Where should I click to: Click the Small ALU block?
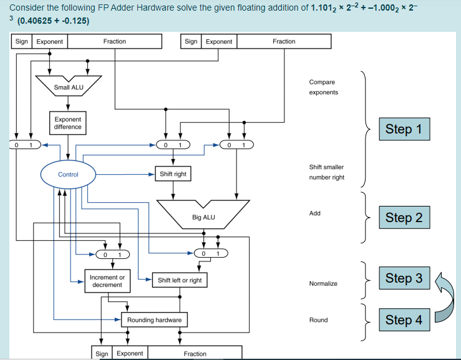coord(69,87)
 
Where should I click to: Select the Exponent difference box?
coord(67,122)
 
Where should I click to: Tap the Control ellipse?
coord(68,174)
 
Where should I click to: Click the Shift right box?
coord(173,174)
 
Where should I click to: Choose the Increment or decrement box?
coord(107,281)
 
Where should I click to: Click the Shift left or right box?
coord(180,280)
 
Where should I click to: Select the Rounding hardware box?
coord(154,320)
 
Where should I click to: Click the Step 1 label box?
coord(404,129)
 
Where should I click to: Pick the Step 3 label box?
coord(404,278)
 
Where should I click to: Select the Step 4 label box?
coord(404,320)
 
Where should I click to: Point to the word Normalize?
coord(323,283)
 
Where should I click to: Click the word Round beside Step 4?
coord(318,320)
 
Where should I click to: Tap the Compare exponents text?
coord(323,87)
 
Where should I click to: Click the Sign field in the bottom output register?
coord(102,354)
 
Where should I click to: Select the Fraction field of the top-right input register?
coord(284,41)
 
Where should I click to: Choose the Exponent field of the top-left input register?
coord(50,41)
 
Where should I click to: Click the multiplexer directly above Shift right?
coord(173,145)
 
